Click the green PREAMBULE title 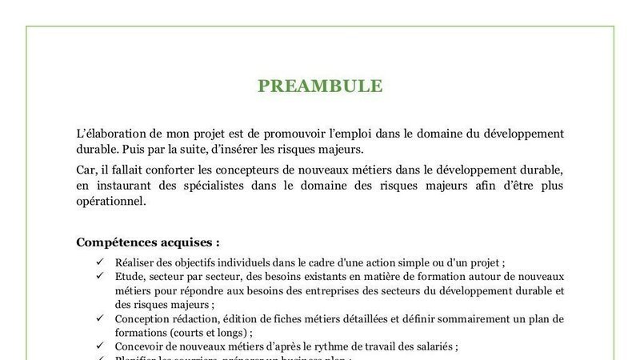(320, 86)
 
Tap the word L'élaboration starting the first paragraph (106, 133)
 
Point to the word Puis (132, 149)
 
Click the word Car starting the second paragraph (86, 170)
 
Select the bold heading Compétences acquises (148, 242)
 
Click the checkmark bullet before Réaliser (100, 262)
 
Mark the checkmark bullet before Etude (100, 276)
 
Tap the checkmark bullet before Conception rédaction (100, 318)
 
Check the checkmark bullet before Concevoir (100, 347)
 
